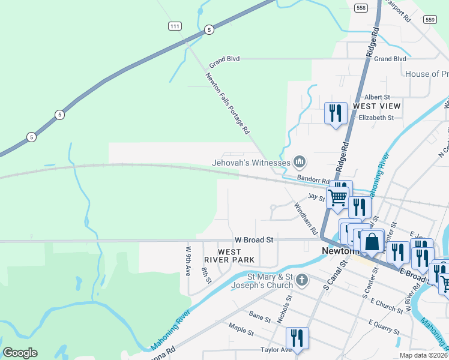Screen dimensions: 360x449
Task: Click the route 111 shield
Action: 174,26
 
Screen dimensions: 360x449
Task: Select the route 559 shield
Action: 429,20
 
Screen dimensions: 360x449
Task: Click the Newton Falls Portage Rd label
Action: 227,103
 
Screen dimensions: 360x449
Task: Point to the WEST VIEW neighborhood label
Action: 376,106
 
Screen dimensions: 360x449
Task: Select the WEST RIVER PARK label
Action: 229,256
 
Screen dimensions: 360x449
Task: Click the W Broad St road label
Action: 254,239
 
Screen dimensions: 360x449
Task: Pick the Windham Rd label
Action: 306,218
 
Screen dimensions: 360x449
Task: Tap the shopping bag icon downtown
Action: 372,242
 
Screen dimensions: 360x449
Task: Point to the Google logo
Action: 20,353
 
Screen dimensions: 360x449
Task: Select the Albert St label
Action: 377,97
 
